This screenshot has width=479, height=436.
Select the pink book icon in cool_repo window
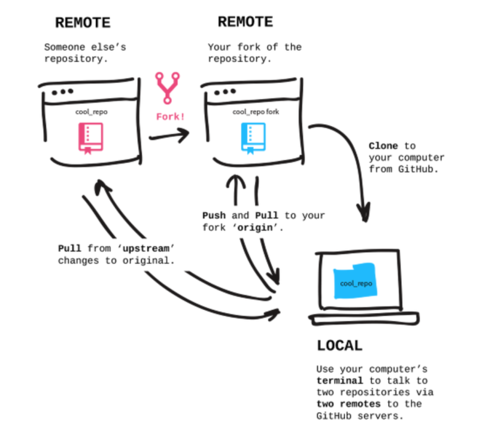click(90, 138)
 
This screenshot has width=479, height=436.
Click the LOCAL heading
click(339, 346)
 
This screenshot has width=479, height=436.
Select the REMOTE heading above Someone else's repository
click(83, 23)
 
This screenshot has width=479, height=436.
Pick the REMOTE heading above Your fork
click(245, 22)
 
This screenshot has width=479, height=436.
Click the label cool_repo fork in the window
click(256, 112)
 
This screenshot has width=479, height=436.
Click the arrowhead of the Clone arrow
click(363, 214)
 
